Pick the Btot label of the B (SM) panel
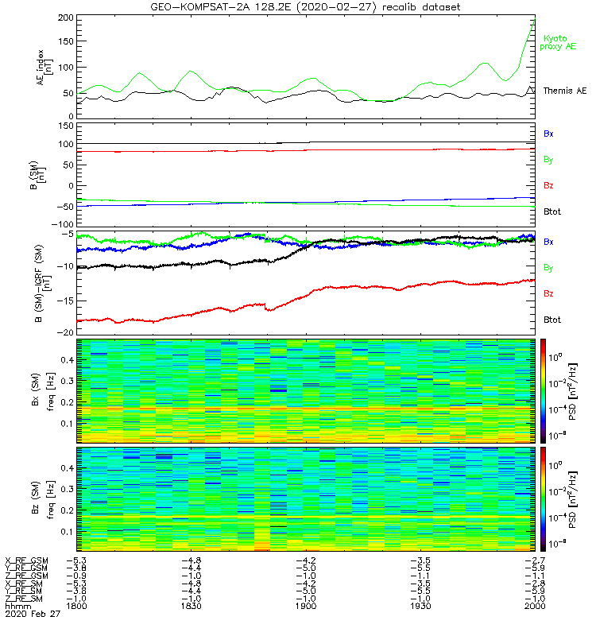551,211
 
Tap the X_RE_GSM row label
26,560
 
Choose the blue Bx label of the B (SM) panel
548,134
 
